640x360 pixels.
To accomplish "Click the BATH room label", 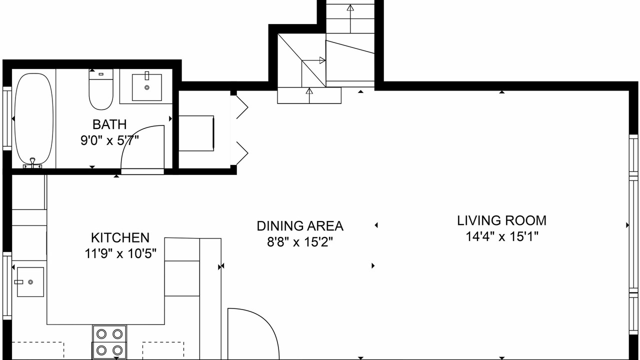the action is [109, 124].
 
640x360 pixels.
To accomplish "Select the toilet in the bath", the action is [101, 89].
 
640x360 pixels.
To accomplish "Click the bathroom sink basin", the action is [147, 87].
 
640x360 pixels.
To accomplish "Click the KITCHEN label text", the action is [120, 237].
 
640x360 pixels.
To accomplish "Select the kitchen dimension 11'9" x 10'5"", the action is [120, 253].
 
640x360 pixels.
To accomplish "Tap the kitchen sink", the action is [30, 282].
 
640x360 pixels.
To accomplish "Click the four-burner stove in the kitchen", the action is [109, 341].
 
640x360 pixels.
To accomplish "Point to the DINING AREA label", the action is [300, 226].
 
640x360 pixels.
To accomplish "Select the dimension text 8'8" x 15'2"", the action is [300, 242].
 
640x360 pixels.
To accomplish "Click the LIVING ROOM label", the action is [501, 220].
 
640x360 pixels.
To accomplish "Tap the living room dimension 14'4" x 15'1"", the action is [501, 236].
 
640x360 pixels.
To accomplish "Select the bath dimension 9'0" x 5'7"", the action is [109, 140].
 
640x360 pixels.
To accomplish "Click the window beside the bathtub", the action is [7, 118].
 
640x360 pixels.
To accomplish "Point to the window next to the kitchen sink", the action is [7, 285].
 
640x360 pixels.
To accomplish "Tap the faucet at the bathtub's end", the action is [32, 162].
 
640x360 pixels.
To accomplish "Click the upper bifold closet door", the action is [241, 107].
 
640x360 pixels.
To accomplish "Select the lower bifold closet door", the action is [241, 153].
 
